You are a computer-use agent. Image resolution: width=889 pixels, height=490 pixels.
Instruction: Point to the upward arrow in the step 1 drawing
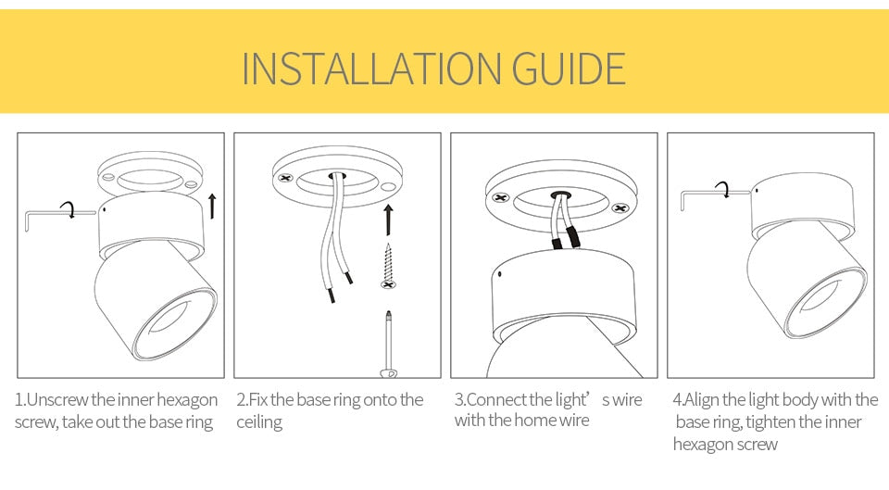click(212, 205)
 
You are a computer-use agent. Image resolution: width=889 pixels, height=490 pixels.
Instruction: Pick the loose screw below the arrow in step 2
click(388, 268)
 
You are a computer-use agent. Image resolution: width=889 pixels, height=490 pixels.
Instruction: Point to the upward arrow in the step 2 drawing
click(388, 219)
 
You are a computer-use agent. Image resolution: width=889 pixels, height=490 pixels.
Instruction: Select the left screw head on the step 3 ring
click(501, 197)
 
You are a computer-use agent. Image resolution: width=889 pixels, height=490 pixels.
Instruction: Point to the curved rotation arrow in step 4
click(725, 190)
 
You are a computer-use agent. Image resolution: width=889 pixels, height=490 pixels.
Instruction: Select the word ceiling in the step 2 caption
click(259, 422)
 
